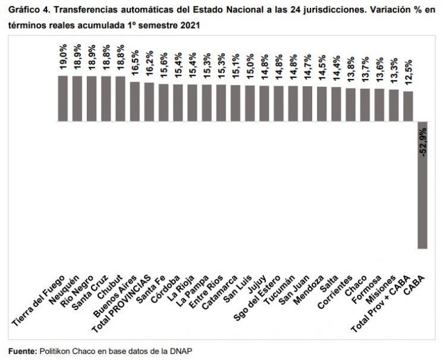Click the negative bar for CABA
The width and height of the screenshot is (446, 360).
[422, 184]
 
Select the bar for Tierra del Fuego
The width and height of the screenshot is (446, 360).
[62, 98]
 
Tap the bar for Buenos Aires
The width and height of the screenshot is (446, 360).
[135, 101]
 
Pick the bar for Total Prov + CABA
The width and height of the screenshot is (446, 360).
[408, 106]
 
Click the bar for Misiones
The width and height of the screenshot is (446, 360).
[393, 105]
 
